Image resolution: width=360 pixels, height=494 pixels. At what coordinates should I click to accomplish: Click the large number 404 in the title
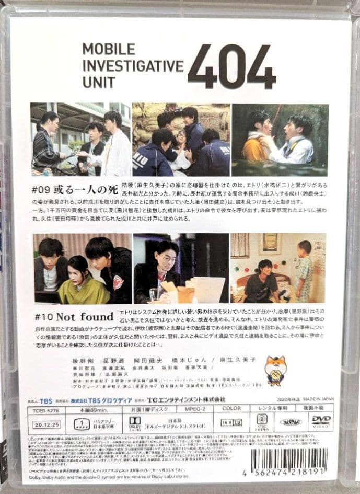pos(231,67)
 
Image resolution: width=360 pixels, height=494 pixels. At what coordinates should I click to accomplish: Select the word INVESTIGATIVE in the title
pos(133,66)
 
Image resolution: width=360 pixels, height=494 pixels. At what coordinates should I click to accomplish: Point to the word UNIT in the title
pos(98,83)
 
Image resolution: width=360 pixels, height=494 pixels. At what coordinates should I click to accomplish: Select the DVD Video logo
pos(321,421)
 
